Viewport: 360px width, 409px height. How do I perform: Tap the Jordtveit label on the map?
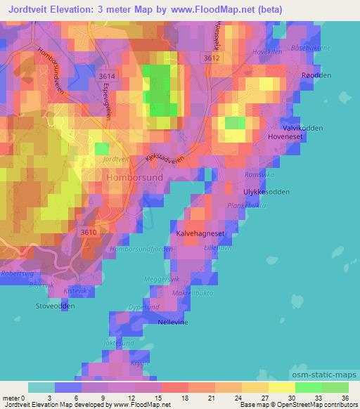pos(116,160)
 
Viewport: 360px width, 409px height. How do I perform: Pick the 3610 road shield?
pos(89,233)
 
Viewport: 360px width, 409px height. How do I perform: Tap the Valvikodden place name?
pos(302,127)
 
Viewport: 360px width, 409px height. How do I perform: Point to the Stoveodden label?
pos(55,306)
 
